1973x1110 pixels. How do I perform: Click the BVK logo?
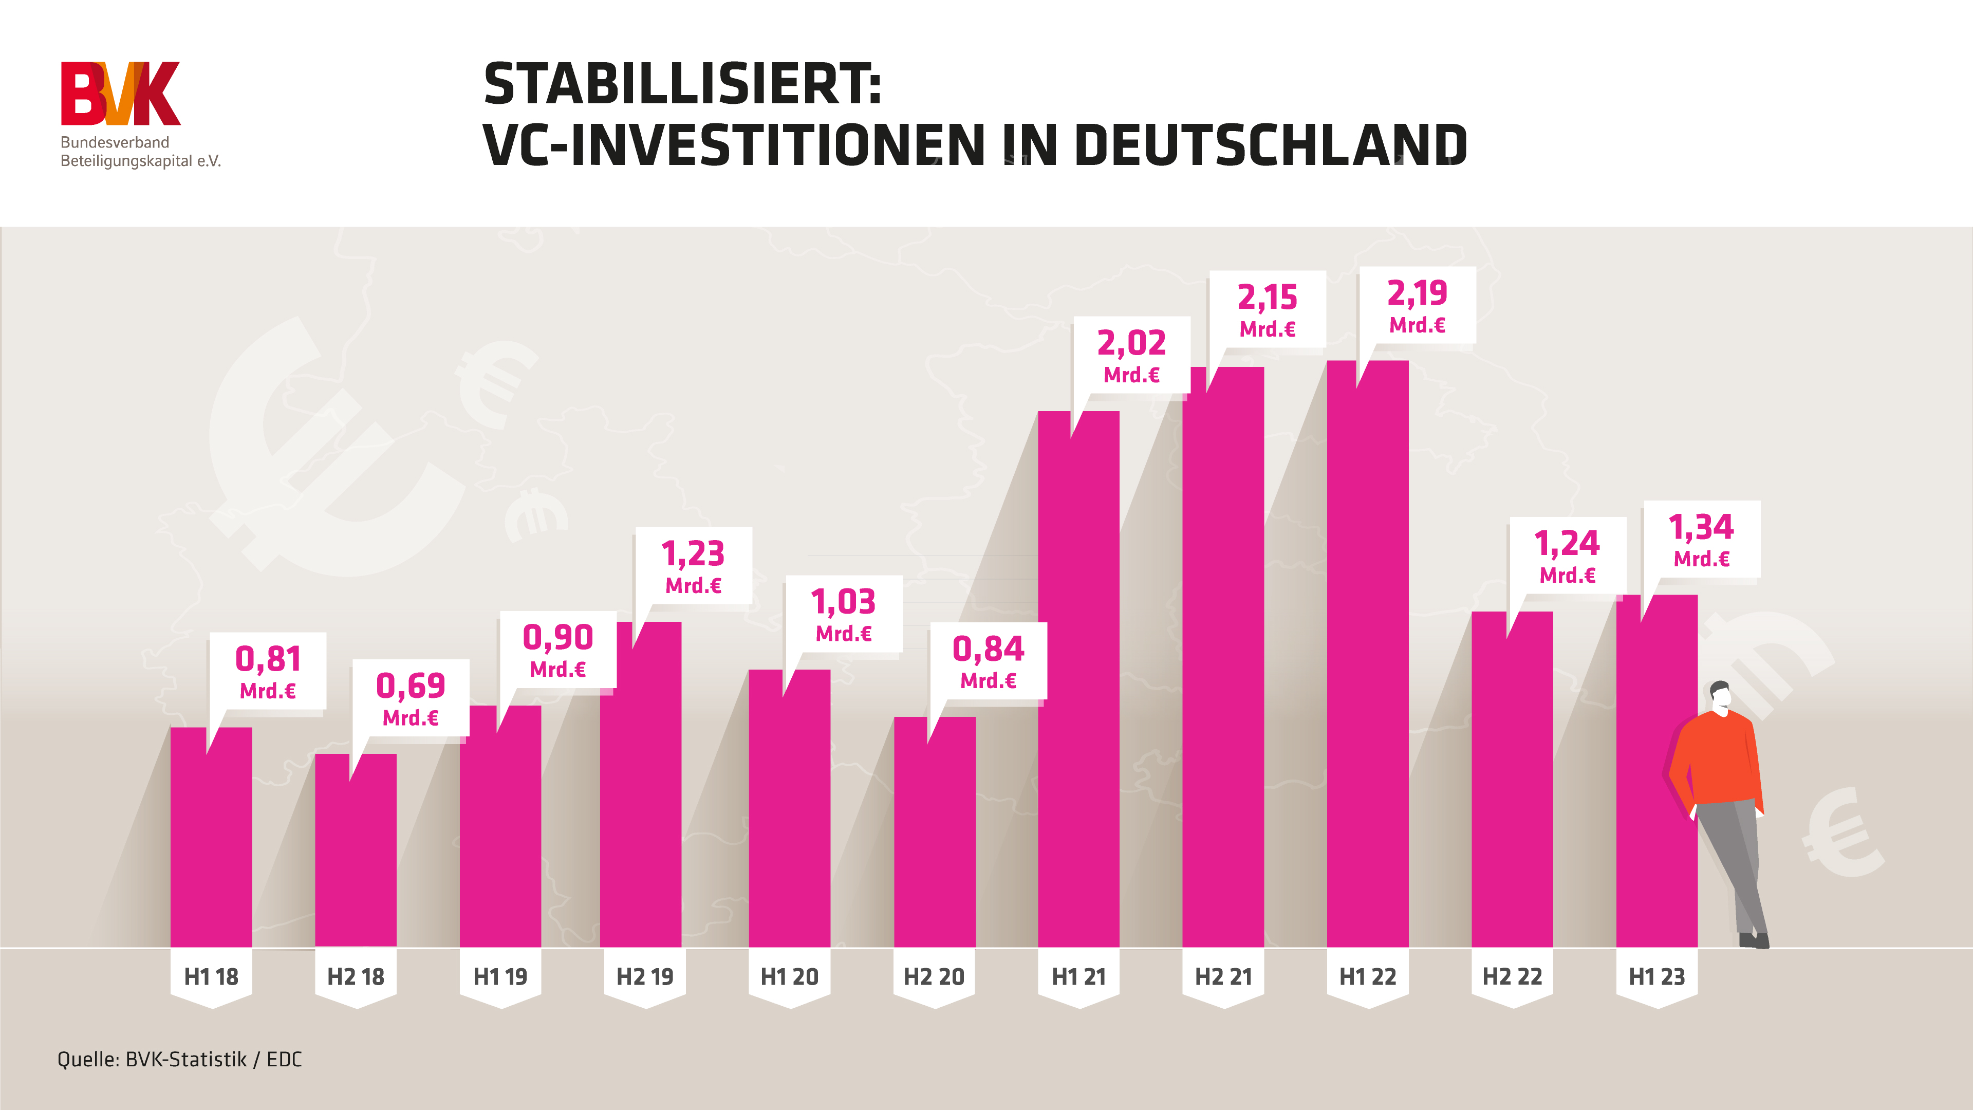pyautogui.click(x=120, y=94)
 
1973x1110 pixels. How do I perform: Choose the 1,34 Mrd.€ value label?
pyautogui.click(x=1701, y=540)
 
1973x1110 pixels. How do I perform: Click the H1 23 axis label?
pyautogui.click(x=1656, y=977)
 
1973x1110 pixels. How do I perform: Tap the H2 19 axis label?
pyautogui.click(x=645, y=977)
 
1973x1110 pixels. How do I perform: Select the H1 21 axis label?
pyautogui.click(x=1078, y=977)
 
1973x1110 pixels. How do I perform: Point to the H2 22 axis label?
pyautogui.click(x=1512, y=977)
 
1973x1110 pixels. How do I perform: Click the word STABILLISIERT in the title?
pyautogui.click(x=682, y=84)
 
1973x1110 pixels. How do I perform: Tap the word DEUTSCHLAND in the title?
pyautogui.click(x=1272, y=145)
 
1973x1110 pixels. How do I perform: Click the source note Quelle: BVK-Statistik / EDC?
pyautogui.click(x=180, y=1060)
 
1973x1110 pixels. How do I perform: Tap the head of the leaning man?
pyautogui.click(x=1720, y=696)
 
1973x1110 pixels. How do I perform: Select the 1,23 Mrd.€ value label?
pyautogui.click(x=693, y=566)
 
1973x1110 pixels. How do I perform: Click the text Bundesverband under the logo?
pyautogui.click(x=115, y=142)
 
